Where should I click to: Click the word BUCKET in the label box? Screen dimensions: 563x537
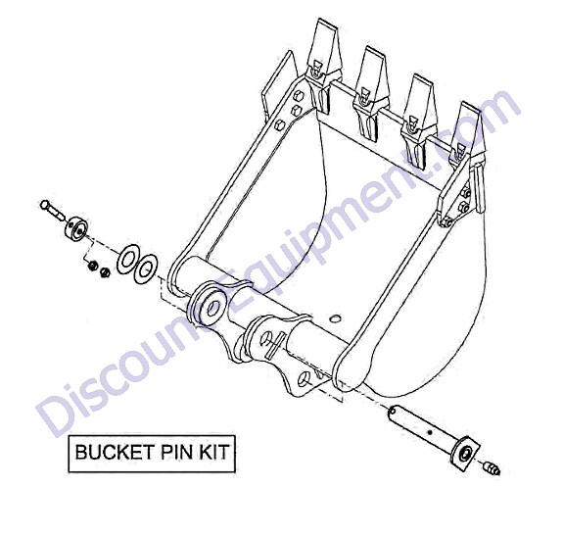[115, 452]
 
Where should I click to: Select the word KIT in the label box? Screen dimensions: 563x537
[214, 452]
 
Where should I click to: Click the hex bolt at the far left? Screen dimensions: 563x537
[53, 211]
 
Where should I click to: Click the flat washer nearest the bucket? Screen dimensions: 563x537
[145, 268]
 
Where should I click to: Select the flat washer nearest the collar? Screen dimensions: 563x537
[128, 259]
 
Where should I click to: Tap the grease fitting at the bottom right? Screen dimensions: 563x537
[492, 468]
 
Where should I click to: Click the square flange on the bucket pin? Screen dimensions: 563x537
[466, 452]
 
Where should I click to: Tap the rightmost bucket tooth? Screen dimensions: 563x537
[467, 136]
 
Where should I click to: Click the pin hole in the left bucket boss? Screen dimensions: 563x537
[214, 308]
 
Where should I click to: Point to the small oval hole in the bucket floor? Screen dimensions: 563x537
[334, 318]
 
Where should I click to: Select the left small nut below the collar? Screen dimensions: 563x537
[93, 267]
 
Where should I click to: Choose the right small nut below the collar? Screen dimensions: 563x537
[105, 272]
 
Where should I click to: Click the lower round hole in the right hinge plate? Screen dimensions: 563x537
[305, 378]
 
